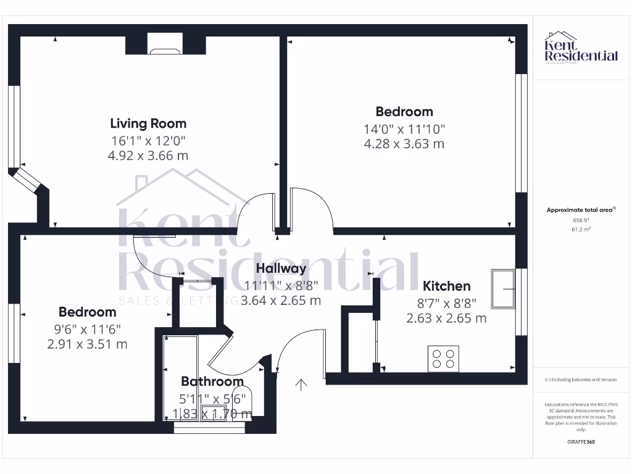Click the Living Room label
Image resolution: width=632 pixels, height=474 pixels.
coord(148,123)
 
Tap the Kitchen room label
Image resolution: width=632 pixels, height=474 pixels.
coord(446,286)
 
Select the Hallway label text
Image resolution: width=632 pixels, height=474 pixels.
coord(281,268)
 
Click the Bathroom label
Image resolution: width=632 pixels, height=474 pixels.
coord(212,382)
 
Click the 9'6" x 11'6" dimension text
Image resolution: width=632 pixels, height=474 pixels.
coord(87,329)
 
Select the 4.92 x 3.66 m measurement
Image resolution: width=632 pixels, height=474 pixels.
coord(148,156)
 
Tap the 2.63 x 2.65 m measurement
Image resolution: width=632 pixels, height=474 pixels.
coord(446,318)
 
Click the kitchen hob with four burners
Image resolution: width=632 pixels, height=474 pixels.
coord(443,358)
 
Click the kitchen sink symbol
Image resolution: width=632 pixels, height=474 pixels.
coord(504,288)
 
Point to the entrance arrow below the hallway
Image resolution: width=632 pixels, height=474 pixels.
coord(301,385)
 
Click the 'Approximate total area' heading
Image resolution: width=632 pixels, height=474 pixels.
coord(580,210)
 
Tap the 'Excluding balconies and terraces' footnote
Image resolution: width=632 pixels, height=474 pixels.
coord(580,380)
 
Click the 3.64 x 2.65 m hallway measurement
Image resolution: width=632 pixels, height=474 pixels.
coord(281,301)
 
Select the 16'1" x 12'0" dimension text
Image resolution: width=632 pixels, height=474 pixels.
coord(148,141)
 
